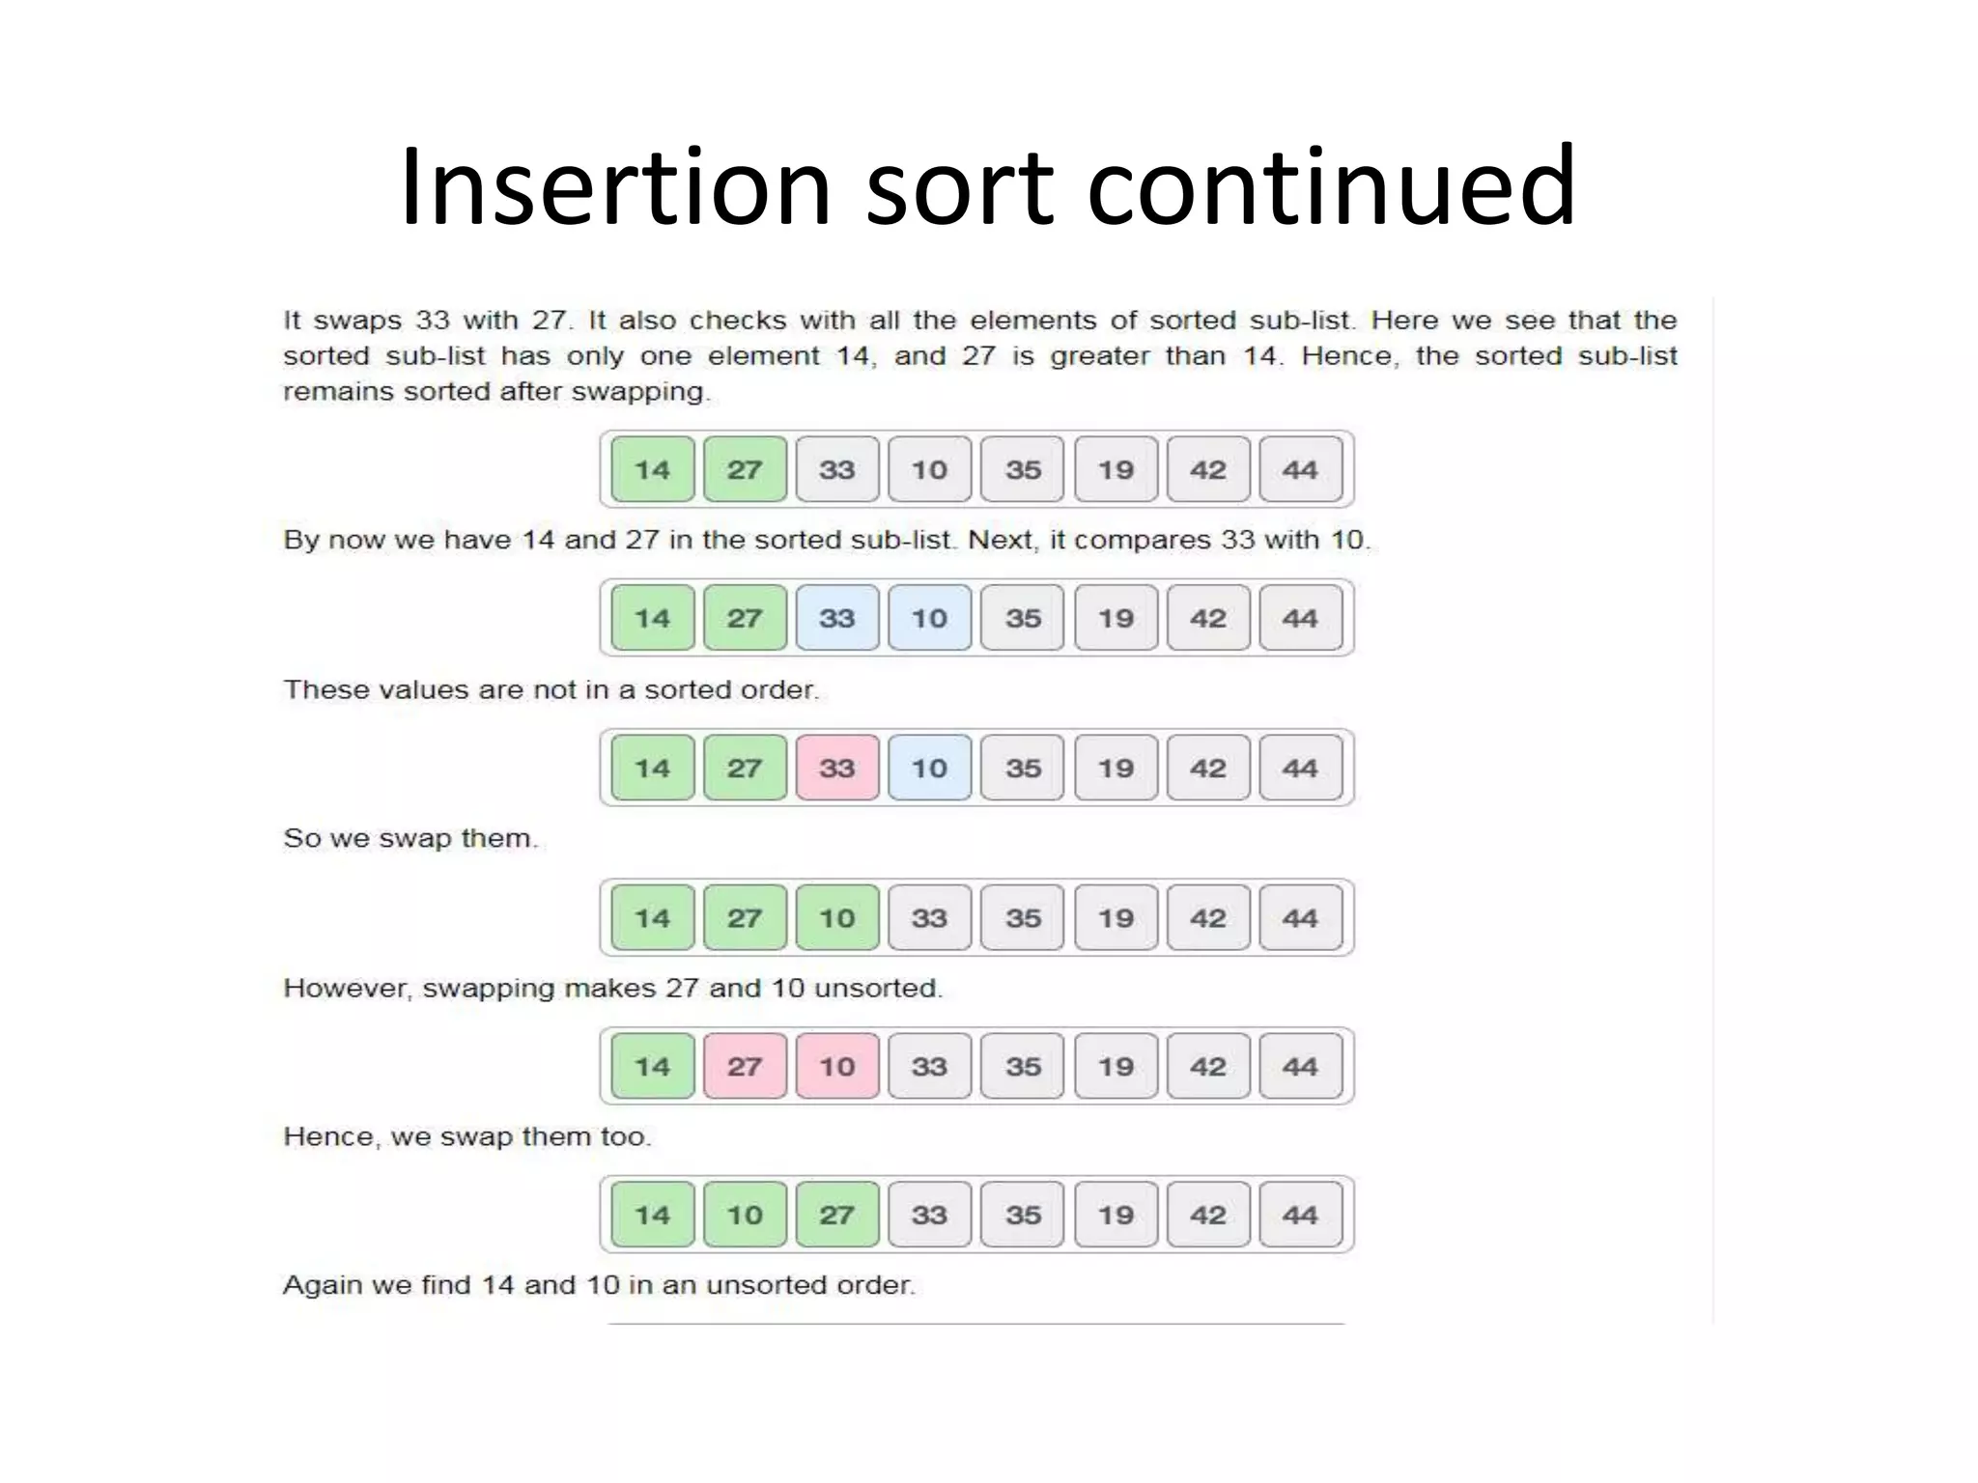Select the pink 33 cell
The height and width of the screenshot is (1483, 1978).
tap(837, 769)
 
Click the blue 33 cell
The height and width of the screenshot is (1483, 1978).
tap(837, 619)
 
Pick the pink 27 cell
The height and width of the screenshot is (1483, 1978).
tap(745, 1067)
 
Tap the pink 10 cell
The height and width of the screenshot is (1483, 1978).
tap(837, 1067)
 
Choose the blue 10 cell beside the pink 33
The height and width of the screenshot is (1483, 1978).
tap(929, 769)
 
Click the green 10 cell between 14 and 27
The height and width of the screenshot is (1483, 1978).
tap(745, 1216)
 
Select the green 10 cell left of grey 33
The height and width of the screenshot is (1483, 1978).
tap(837, 918)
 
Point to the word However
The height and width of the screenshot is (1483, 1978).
tap(347, 989)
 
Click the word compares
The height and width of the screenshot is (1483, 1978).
tap(1143, 540)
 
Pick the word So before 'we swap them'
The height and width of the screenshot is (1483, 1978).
tap(300, 838)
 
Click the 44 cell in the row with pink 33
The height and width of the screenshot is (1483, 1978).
tap(1300, 769)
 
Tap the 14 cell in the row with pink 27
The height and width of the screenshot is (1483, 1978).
tap(652, 1067)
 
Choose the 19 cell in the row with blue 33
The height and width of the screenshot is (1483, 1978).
tap(1116, 619)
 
